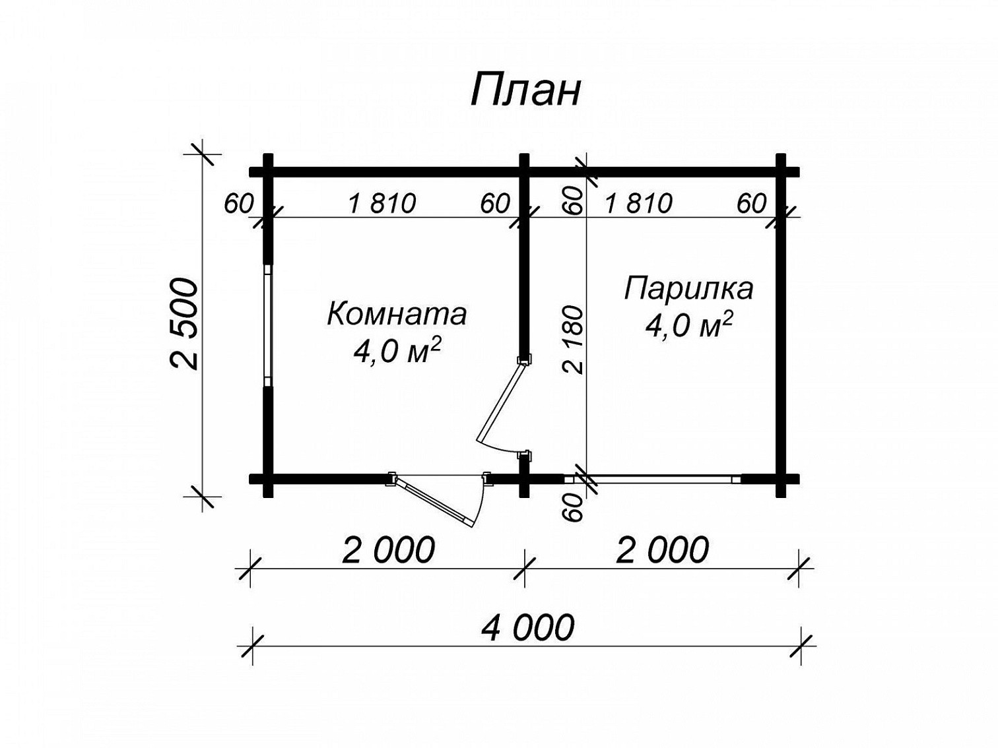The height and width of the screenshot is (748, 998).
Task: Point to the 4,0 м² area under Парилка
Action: point(688,325)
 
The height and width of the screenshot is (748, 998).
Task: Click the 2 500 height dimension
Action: point(184,325)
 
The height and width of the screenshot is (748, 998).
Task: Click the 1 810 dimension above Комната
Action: point(382,203)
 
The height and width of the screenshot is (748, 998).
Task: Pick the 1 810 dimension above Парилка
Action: point(638,203)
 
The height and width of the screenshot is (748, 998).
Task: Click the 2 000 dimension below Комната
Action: point(388,549)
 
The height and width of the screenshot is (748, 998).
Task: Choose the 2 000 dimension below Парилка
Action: point(662,549)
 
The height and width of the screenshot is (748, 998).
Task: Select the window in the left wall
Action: point(268,325)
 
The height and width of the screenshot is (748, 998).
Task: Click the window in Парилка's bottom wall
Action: point(652,479)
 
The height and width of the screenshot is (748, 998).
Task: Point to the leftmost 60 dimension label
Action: point(238,203)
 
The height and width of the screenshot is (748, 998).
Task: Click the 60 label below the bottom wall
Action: point(572,507)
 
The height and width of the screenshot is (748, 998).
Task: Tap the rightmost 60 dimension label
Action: point(751,203)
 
